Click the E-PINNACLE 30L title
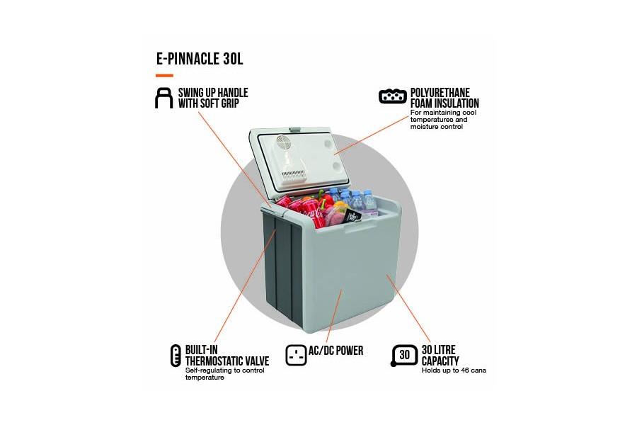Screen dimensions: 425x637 200,59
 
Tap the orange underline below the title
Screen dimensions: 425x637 164,75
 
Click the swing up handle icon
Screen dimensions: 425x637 163,98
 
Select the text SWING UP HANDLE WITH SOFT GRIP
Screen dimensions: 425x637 212,98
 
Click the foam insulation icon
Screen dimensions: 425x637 393,96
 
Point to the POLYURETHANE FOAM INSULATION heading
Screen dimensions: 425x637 444,98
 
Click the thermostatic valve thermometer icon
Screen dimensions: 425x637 176,356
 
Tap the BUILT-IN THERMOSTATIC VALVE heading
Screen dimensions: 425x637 226,356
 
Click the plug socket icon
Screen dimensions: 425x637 296,355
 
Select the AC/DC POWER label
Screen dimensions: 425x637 336,351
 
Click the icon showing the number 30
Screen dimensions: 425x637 403,355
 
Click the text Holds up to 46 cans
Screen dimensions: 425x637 454,370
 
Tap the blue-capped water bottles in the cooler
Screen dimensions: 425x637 354,198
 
